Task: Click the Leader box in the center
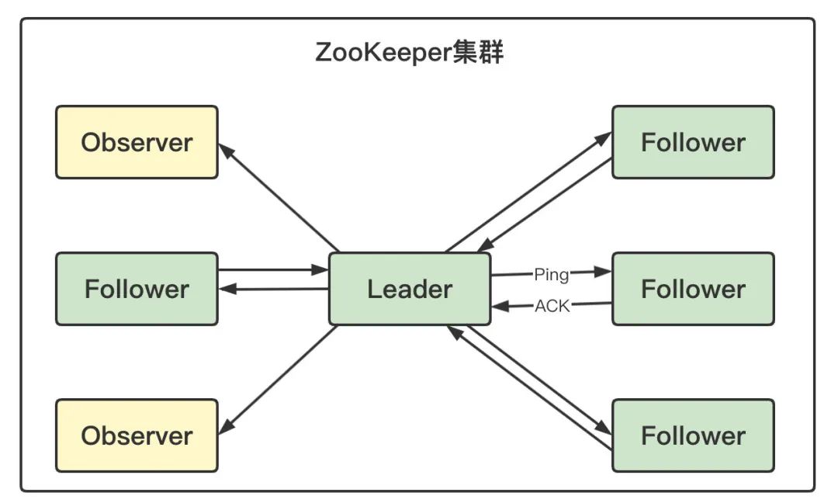click(x=410, y=289)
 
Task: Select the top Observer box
click(x=137, y=143)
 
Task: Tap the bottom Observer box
click(x=137, y=435)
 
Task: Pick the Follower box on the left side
click(x=137, y=289)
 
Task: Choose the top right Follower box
click(x=693, y=143)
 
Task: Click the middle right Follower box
click(x=693, y=289)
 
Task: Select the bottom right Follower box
click(x=693, y=435)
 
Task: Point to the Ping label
click(x=551, y=274)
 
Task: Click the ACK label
click(x=552, y=306)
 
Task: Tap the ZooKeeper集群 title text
click(x=410, y=54)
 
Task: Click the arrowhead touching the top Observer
click(x=226, y=150)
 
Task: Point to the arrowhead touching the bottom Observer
click(x=227, y=428)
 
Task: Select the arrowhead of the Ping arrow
click(x=603, y=272)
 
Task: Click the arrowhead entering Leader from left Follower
click(x=320, y=270)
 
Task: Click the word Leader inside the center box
click(x=410, y=289)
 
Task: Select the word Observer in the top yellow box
click(x=137, y=143)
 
